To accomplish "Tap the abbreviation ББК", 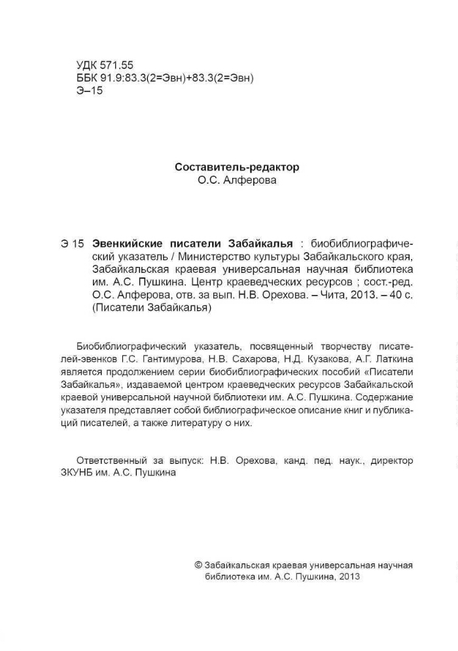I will point(87,78).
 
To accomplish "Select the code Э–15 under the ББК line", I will point(90,91).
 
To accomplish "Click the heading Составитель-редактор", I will point(237,167).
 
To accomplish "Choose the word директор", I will point(391,461).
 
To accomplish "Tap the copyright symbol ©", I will point(199,564).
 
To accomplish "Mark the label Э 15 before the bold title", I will point(73,243).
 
